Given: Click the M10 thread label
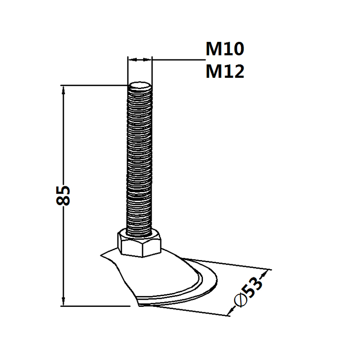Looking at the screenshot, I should point(225,49).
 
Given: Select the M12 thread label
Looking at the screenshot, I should point(225,72).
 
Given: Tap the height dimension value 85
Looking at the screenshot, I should point(63,195).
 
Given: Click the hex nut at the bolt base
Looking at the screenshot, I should point(139,243).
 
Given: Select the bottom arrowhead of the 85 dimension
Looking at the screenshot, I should point(63,302).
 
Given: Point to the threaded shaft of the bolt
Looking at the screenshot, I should point(140,157).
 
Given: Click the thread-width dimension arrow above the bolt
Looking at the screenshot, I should point(140,58).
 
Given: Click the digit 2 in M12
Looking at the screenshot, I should point(238,72).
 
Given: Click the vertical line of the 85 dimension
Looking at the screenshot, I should point(63,135).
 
